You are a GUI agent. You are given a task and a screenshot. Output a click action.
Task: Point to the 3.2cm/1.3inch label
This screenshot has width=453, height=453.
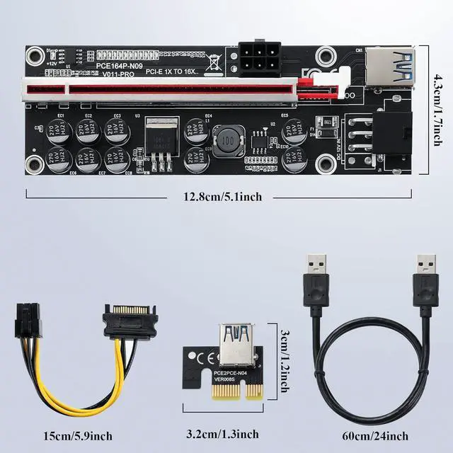tap(223, 434)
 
